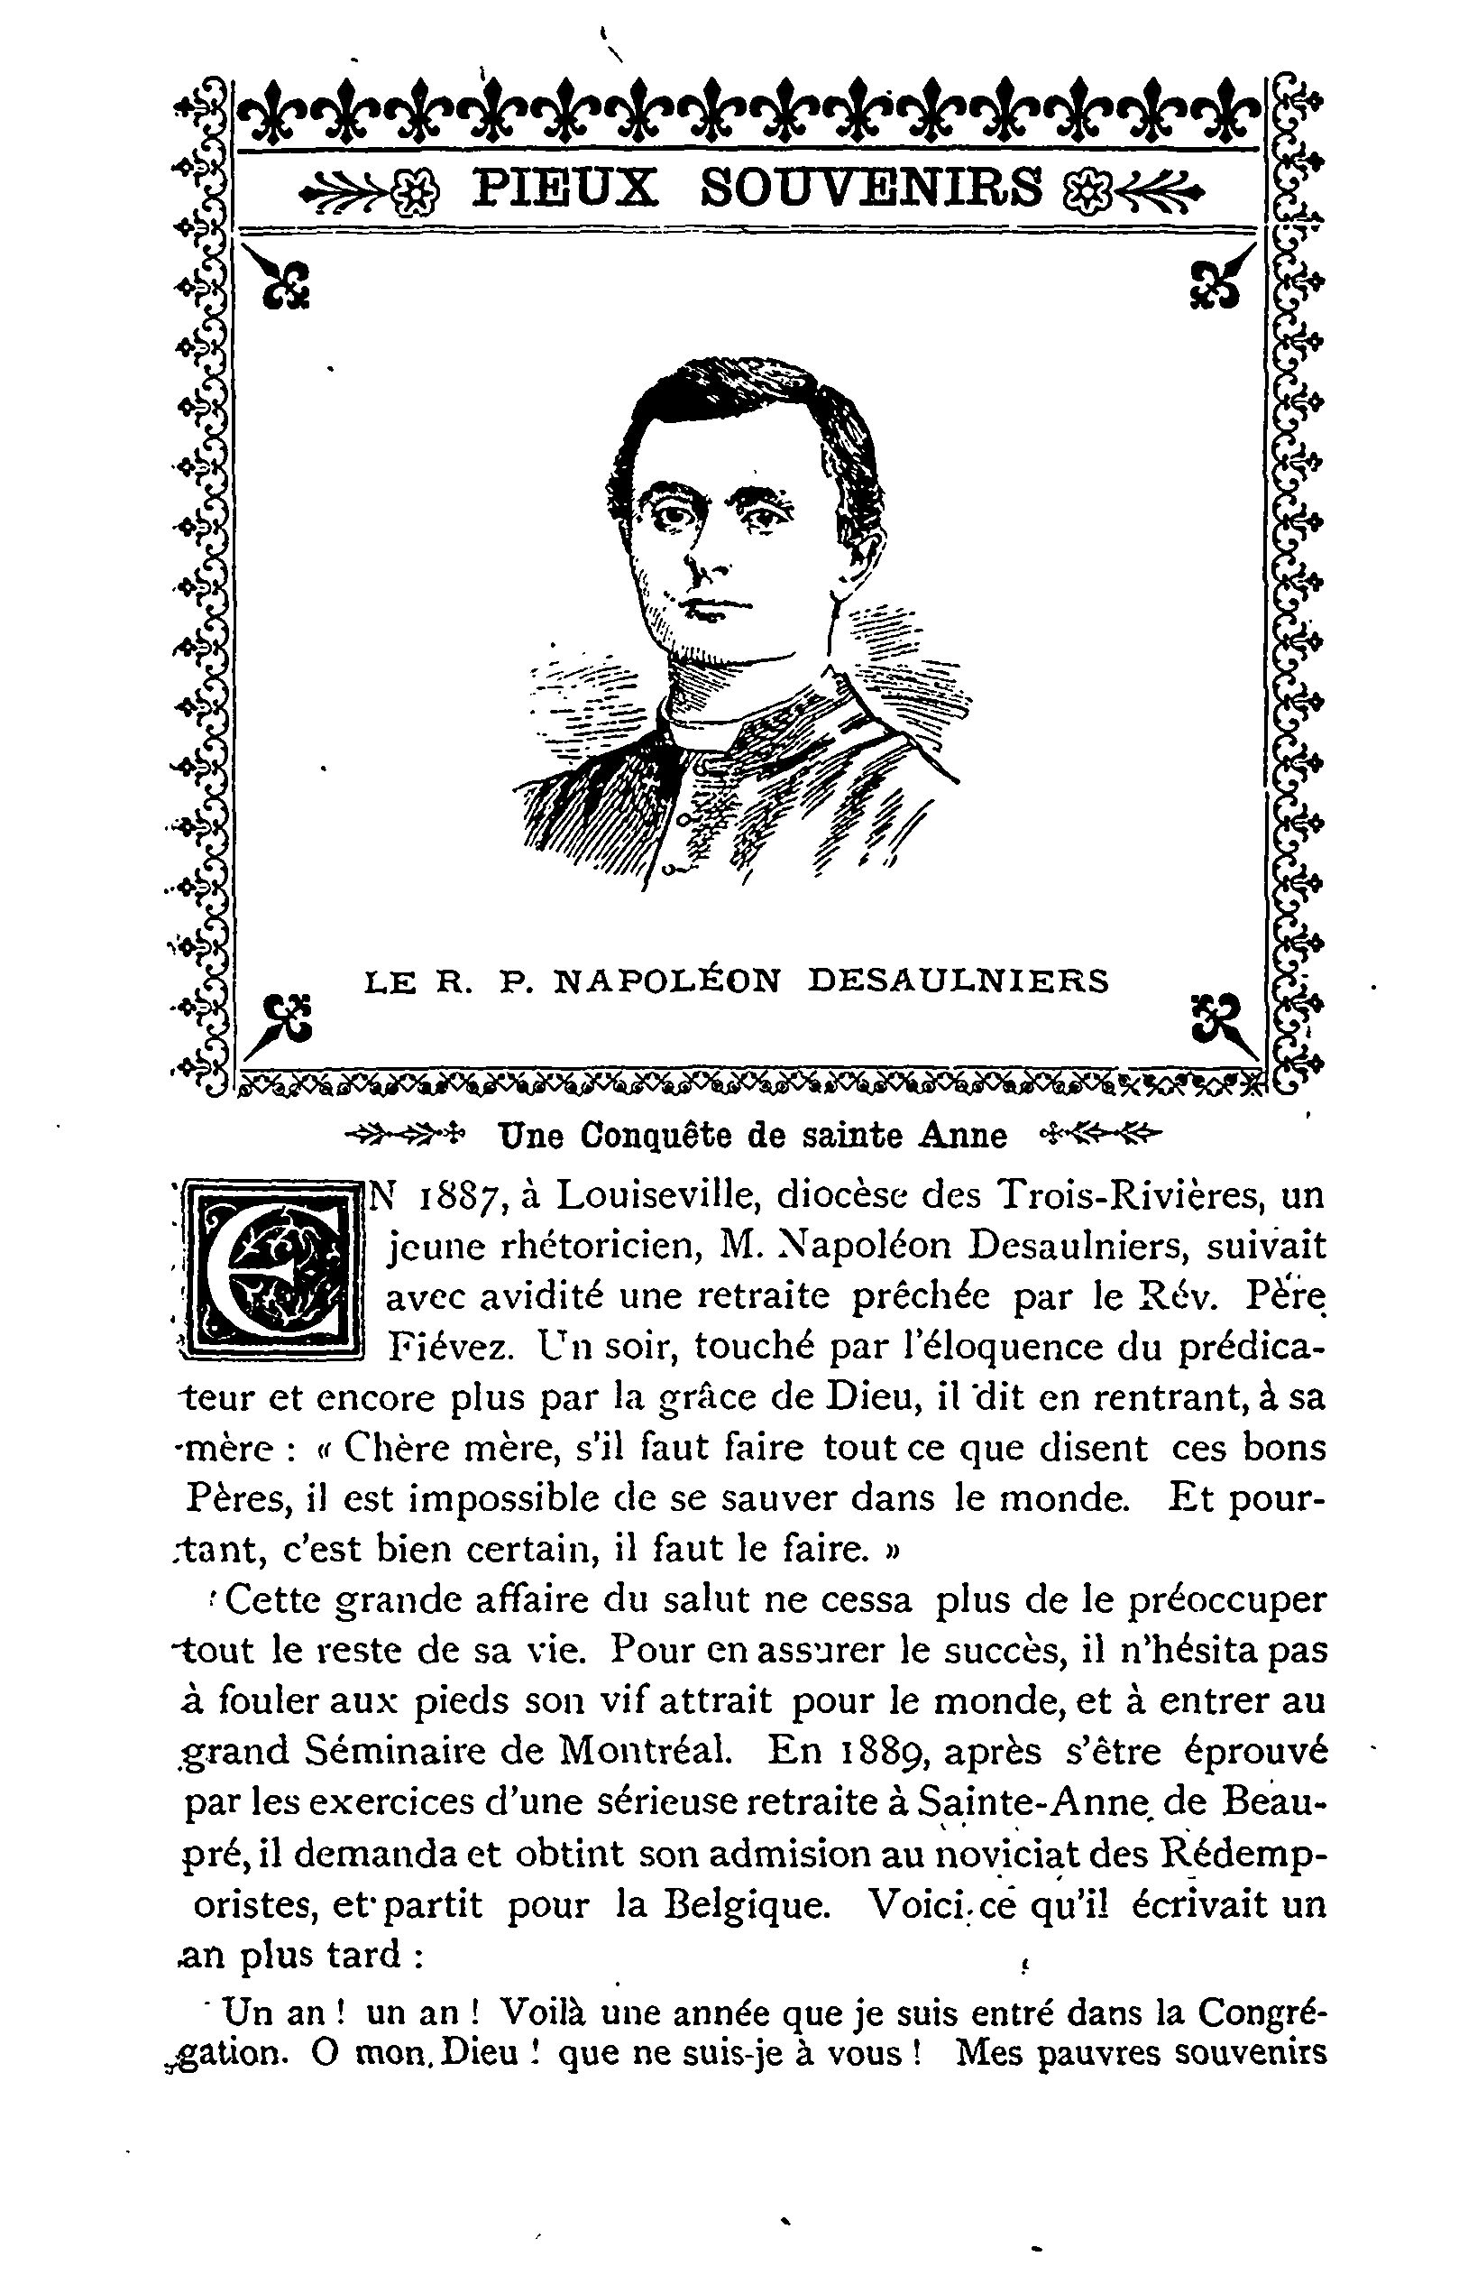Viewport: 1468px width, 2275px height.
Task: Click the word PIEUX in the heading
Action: pos(565,188)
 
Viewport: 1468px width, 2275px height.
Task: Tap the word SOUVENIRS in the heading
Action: pos(871,188)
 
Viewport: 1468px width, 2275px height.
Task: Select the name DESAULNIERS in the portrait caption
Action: pos(958,981)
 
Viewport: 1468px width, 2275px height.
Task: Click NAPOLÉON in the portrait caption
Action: pos(666,981)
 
